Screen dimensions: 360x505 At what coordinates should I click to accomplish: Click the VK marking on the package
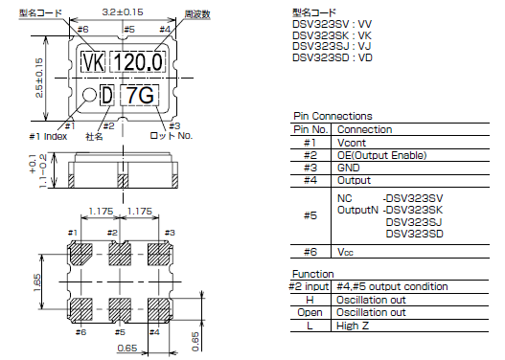point(93,63)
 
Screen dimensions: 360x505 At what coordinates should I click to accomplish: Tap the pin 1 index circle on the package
point(88,95)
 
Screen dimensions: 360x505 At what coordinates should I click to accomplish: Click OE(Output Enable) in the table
point(381,154)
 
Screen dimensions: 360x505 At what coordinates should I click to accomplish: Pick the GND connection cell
point(350,167)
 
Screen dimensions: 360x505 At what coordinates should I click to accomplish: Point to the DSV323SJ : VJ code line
point(333,45)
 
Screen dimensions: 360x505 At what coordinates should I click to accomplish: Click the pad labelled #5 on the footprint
point(123,309)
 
